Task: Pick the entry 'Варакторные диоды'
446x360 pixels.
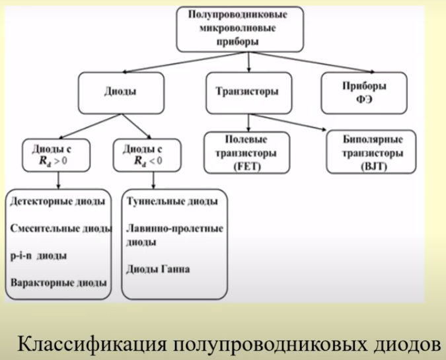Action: pyautogui.click(x=58, y=283)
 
